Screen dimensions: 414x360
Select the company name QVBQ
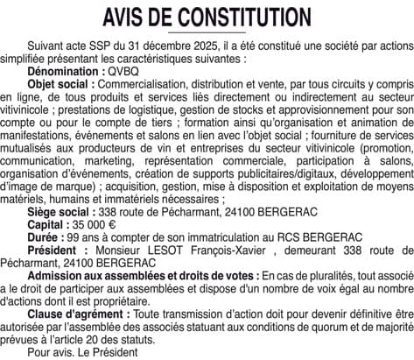120,67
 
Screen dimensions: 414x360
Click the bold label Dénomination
63,67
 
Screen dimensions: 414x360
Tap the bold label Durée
45,238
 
